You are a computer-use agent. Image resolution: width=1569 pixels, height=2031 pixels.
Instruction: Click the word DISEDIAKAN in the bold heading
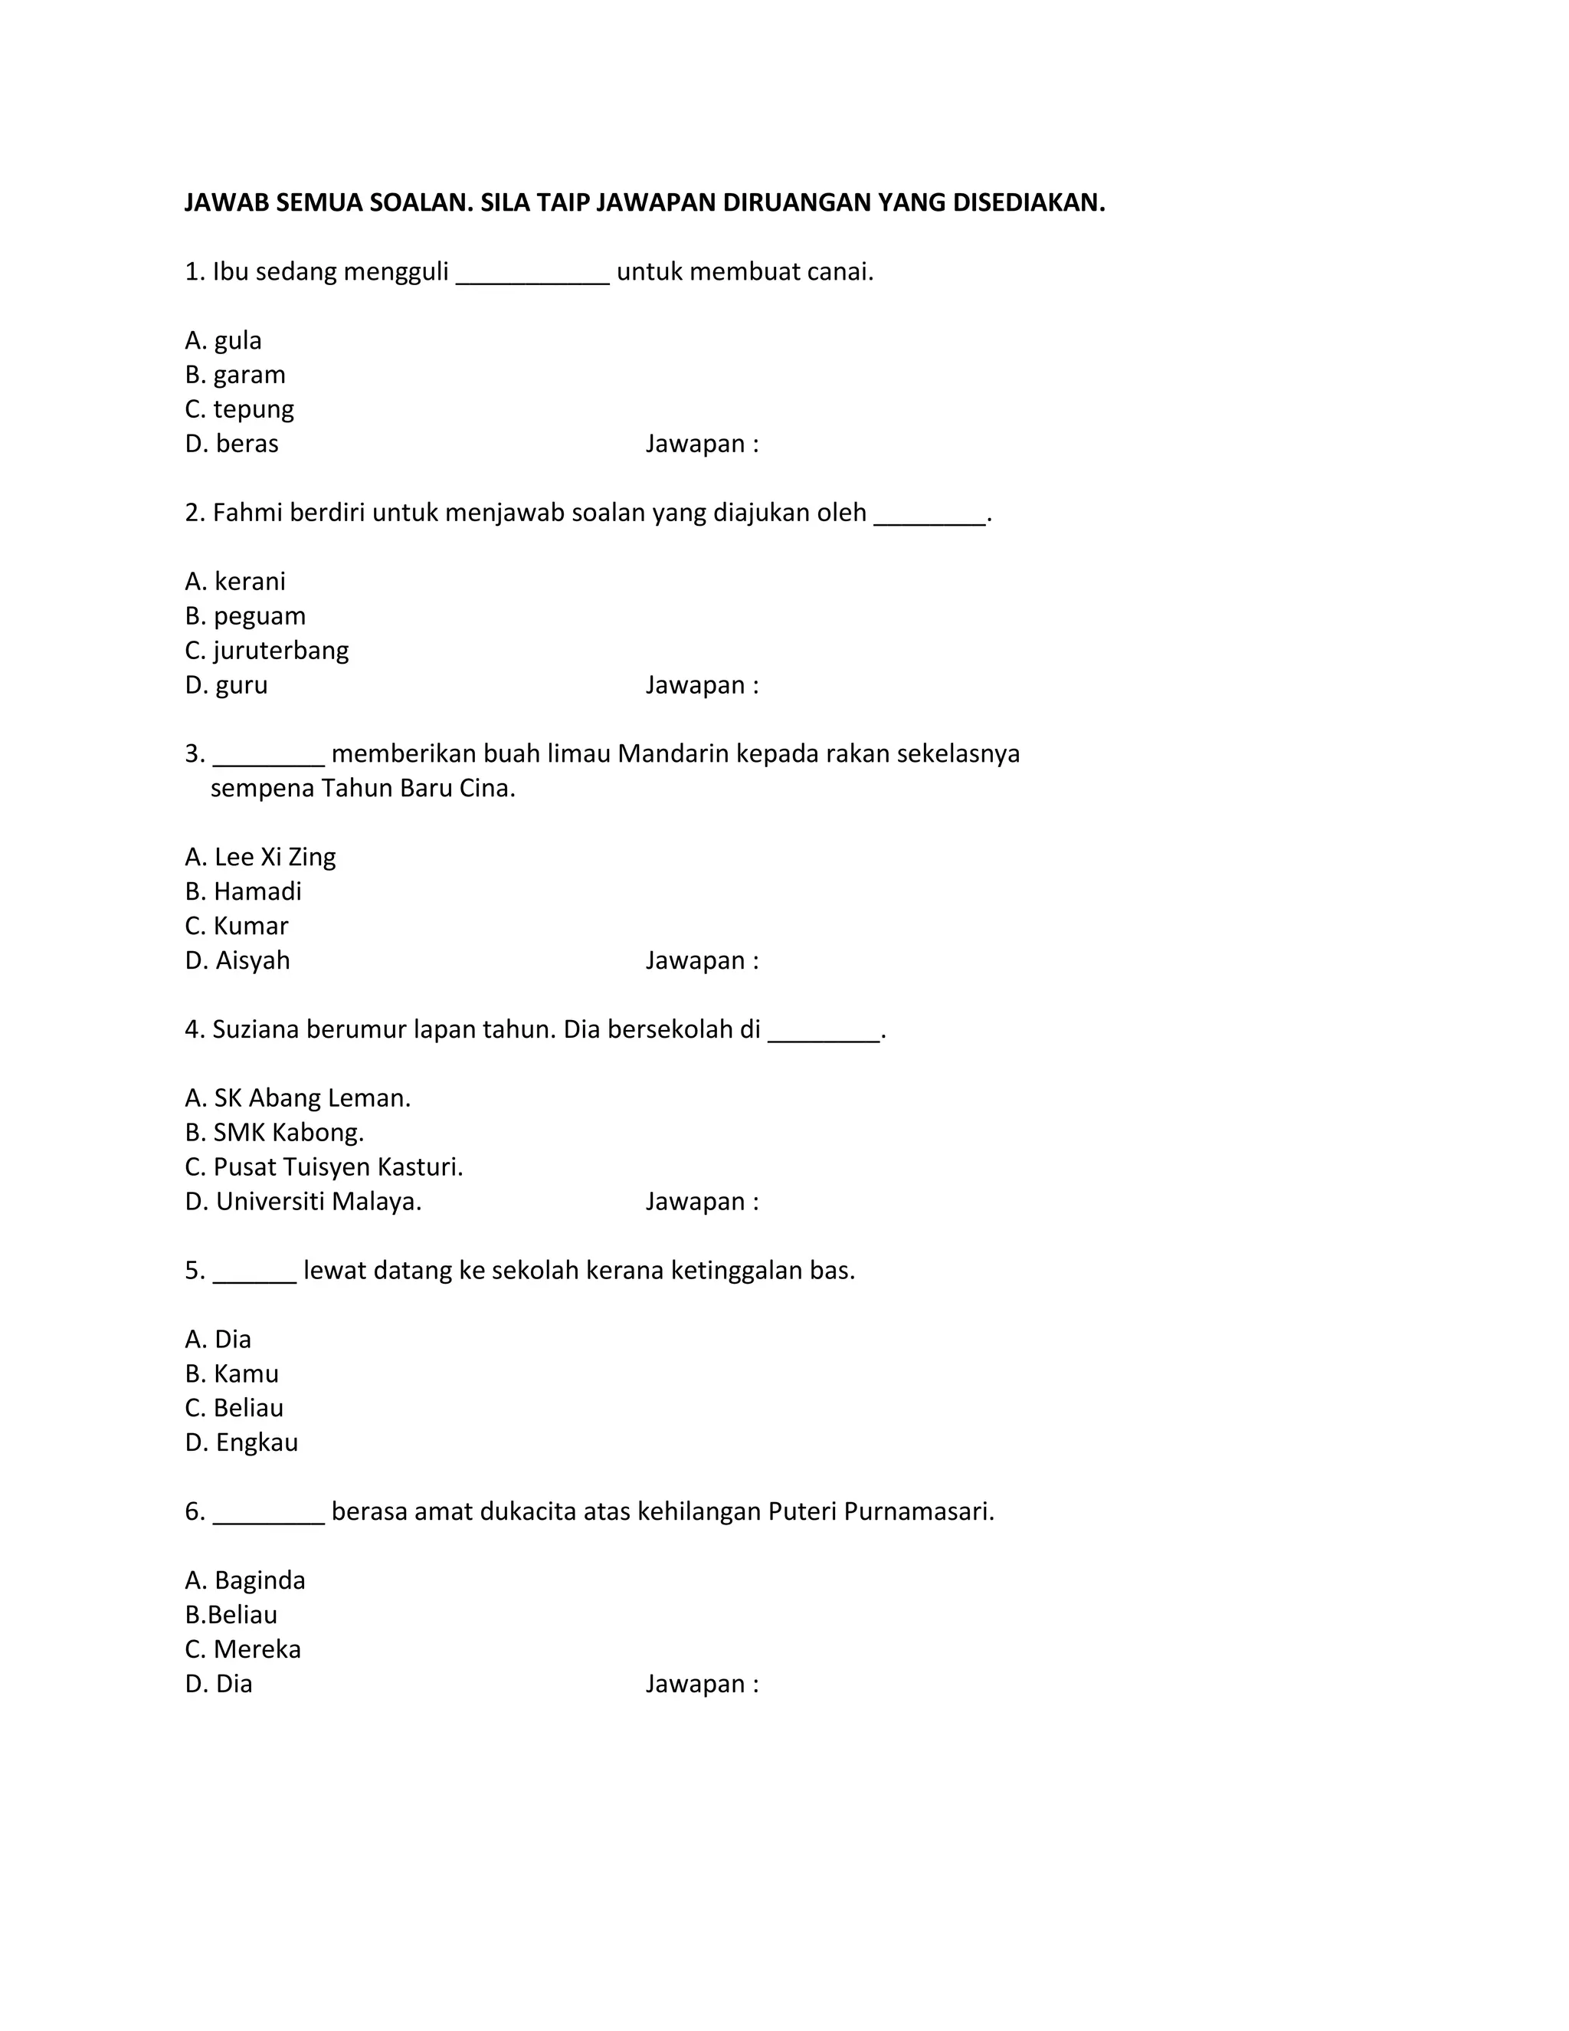click(1028, 203)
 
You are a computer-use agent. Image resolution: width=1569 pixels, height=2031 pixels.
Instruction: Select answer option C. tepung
click(239, 409)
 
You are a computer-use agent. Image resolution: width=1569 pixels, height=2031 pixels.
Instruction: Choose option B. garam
click(235, 375)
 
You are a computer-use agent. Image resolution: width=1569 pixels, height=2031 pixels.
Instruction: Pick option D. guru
click(226, 685)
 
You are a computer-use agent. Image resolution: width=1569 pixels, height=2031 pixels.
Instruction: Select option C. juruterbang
click(267, 650)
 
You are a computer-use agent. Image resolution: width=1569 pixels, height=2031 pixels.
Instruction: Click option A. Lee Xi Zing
click(260, 857)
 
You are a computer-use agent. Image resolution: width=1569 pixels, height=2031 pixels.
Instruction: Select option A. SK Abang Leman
click(297, 1098)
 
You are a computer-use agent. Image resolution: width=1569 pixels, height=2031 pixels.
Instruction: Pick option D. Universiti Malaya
click(303, 1202)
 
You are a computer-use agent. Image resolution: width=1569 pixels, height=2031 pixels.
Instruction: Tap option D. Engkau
click(241, 1442)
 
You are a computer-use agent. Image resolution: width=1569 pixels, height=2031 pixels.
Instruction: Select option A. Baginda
click(244, 1580)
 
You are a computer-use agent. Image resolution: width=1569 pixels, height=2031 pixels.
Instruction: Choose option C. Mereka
click(243, 1649)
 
